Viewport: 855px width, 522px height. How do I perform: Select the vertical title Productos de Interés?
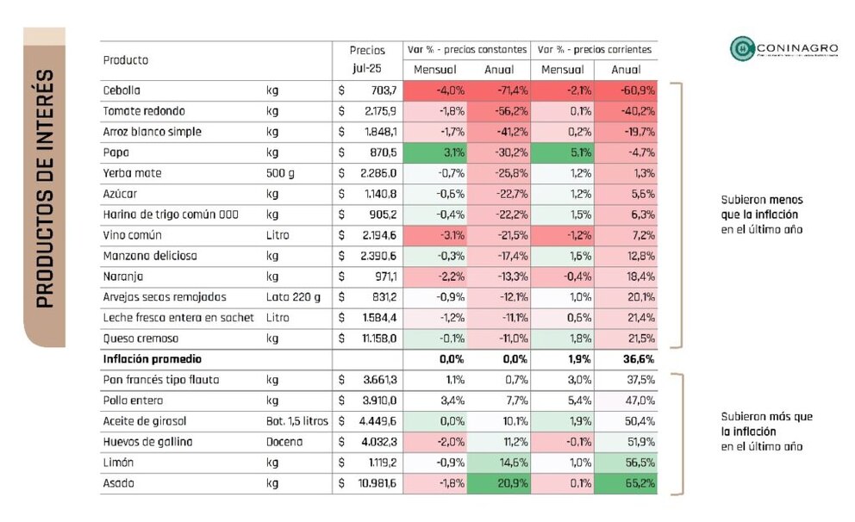[45, 188]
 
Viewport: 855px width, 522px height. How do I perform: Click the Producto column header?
[126, 60]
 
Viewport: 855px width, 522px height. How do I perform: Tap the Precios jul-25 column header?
[367, 59]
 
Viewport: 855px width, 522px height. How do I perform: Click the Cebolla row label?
[122, 90]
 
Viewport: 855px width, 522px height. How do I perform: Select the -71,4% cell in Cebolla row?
[500, 90]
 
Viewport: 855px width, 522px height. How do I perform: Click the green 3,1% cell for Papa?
[436, 152]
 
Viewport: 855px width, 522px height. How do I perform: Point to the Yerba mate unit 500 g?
[280, 173]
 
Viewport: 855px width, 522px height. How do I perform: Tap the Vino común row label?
[133, 235]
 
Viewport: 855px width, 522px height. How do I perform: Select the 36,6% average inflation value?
[626, 359]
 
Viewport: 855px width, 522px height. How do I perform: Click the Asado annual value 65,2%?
[626, 484]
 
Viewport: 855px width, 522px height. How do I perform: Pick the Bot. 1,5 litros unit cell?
[297, 421]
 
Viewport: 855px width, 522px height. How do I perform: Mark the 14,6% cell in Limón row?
[500, 463]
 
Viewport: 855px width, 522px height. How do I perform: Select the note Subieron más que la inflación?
[754, 432]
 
